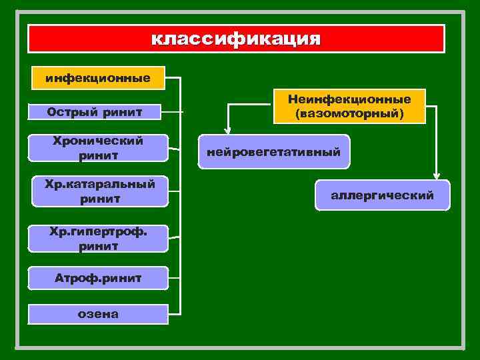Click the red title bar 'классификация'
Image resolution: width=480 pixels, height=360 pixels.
coord(235,39)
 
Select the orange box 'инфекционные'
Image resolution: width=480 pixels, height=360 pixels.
coord(97,78)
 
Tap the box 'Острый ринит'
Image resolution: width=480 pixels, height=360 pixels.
coord(97,112)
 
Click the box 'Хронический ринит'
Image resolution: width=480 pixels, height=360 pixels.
coord(97,147)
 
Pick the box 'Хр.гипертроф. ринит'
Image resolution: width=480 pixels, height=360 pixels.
coord(97,238)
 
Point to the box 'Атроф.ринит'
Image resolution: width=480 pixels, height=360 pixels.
coord(97,277)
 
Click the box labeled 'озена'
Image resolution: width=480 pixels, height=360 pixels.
coord(97,313)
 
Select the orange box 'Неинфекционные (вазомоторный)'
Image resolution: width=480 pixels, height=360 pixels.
coord(349,106)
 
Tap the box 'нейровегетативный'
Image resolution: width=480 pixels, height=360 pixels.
coord(273,152)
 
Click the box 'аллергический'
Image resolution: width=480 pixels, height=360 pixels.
coord(382,195)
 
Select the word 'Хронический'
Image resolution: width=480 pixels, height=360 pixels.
coord(97,141)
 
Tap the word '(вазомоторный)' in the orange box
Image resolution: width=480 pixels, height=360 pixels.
coord(349,113)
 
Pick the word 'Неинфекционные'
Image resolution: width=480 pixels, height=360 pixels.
coord(349,99)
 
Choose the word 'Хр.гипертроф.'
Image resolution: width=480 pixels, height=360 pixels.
coord(97,231)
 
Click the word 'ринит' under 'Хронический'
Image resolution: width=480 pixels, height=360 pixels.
coord(97,155)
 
